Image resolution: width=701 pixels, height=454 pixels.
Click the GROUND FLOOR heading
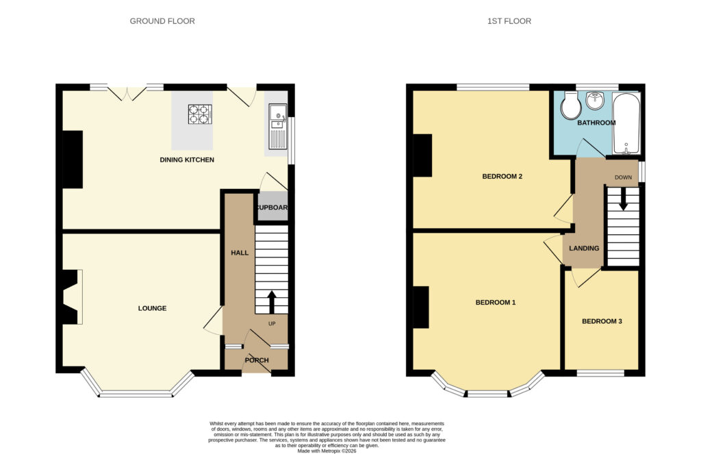162,21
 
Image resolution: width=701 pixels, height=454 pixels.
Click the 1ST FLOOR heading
509,21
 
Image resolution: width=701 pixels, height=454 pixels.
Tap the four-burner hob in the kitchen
200,114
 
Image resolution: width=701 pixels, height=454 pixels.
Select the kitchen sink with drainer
278,127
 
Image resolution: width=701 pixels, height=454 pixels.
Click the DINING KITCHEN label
187,160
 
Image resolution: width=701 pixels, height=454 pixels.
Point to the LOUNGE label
152,308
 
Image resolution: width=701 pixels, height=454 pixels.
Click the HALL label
240,253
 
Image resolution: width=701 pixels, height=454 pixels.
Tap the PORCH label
257,360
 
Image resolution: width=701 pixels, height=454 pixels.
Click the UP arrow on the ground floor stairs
271,303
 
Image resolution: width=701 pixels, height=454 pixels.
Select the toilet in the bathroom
570,105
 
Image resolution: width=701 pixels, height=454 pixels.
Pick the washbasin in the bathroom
595,101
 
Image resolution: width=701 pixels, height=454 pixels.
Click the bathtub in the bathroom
626,123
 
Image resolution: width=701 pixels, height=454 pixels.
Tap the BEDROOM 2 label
502,176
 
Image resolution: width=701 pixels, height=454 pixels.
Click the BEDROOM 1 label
496,303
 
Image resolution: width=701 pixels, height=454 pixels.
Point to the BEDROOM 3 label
602,321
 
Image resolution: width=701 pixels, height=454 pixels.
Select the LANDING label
584,249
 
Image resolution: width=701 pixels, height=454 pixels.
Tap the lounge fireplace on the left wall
71,297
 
